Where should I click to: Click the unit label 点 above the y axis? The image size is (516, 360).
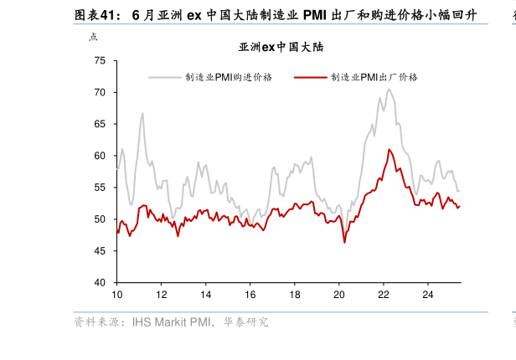tap(93, 37)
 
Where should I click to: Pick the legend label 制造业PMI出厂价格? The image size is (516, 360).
tap(374, 77)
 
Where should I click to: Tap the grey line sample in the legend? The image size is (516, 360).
tap(165, 77)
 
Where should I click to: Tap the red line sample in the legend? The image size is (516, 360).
tap(311, 77)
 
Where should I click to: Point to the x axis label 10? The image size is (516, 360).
tap(117, 295)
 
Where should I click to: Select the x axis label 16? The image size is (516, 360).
tap(250, 295)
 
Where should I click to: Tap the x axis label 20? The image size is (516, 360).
tap(338, 295)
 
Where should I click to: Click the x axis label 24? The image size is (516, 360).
tap(426, 295)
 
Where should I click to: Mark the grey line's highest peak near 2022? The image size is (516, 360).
tap(390, 90)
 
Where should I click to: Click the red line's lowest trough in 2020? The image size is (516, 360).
tap(344, 243)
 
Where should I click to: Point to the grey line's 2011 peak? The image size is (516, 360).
tap(142, 113)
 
